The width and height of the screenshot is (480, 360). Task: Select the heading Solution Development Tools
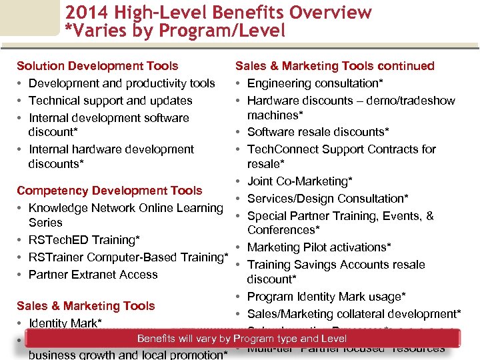click(x=97, y=66)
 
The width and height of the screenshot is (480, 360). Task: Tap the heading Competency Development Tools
click(x=109, y=191)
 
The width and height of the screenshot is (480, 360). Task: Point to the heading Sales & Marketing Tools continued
click(x=335, y=66)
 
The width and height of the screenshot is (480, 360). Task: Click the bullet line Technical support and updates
click(x=110, y=101)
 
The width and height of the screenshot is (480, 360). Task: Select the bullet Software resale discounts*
click(x=318, y=132)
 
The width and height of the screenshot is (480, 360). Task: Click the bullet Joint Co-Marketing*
click(x=299, y=181)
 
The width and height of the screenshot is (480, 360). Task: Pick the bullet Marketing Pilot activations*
click(x=319, y=247)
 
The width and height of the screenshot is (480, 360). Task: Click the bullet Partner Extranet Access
click(x=93, y=275)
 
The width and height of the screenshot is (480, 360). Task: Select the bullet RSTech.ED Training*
click(x=84, y=240)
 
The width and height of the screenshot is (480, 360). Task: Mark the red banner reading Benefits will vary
click(x=241, y=339)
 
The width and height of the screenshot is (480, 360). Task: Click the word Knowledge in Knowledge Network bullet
click(x=55, y=208)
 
